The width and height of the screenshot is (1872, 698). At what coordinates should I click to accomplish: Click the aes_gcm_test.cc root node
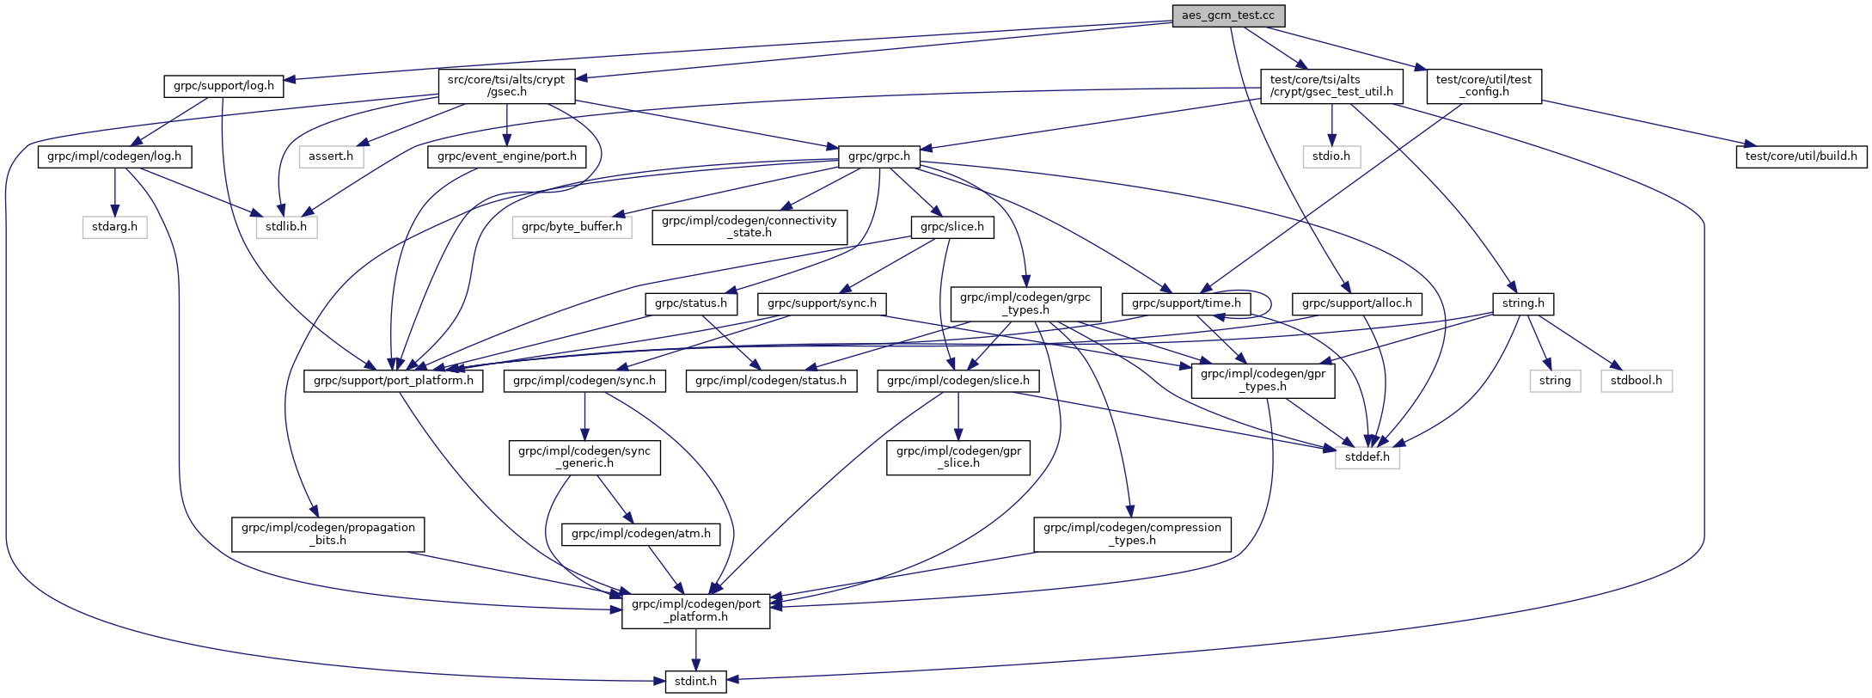point(1228,15)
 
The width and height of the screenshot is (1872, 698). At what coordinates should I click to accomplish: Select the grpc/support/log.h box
point(223,86)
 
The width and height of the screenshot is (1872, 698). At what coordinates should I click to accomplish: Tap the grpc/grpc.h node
point(878,156)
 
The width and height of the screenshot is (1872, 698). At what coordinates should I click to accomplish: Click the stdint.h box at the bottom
point(695,682)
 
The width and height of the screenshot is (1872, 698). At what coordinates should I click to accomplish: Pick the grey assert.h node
point(331,156)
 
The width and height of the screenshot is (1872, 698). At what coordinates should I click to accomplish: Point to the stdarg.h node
point(115,227)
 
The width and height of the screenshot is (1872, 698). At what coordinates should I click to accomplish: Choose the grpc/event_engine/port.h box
point(507,156)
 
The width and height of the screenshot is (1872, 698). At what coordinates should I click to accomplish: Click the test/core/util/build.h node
point(1801,156)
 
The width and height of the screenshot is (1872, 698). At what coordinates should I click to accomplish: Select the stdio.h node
point(1331,156)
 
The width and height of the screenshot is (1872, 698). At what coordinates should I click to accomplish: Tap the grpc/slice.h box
point(952,227)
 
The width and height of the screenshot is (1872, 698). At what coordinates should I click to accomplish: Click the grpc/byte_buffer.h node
point(572,227)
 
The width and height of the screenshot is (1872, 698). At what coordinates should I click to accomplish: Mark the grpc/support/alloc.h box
point(1356,303)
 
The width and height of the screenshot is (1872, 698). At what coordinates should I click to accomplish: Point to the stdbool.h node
point(1636,380)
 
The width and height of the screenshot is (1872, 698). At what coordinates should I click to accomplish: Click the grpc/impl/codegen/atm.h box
point(640,534)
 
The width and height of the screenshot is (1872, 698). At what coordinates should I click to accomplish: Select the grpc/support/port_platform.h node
point(393,380)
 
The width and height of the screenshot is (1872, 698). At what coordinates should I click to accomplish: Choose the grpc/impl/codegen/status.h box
point(771,380)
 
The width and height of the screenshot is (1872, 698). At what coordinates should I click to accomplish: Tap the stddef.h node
point(1367,456)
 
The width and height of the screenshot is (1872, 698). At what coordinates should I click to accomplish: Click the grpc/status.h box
point(690,303)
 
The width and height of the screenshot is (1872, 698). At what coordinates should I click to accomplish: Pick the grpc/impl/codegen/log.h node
point(114,156)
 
